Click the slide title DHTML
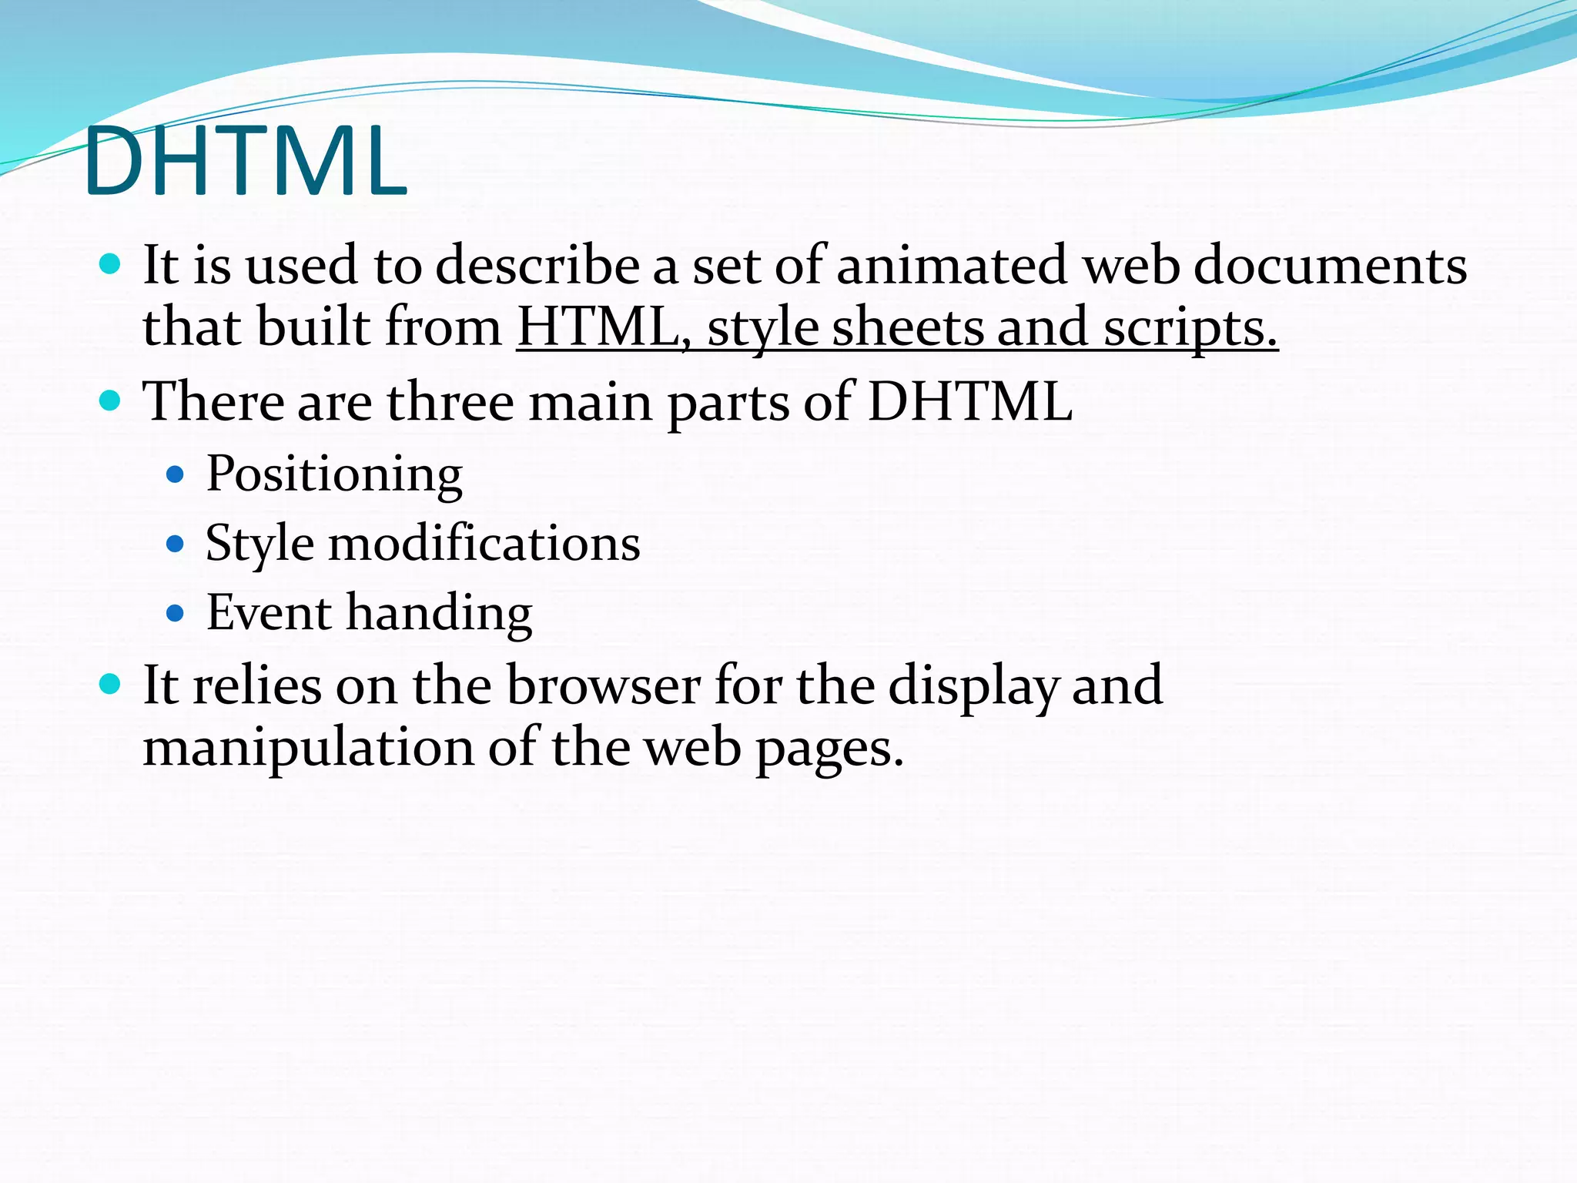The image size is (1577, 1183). tap(245, 163)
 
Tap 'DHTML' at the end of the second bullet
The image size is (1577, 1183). tap(969, 402)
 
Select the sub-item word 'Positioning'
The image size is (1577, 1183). tap(334, 474)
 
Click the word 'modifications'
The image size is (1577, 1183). tap(484, 544)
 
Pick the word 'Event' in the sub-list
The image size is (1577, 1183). tap(270, 613)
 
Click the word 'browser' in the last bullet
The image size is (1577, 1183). tap(604, 685)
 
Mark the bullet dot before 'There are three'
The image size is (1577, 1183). tap(111, 401)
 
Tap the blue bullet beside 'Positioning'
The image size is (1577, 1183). tap(176, 474)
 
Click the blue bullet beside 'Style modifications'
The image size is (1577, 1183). tap(176, 545)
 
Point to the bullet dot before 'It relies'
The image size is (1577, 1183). tap(111, 685)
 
